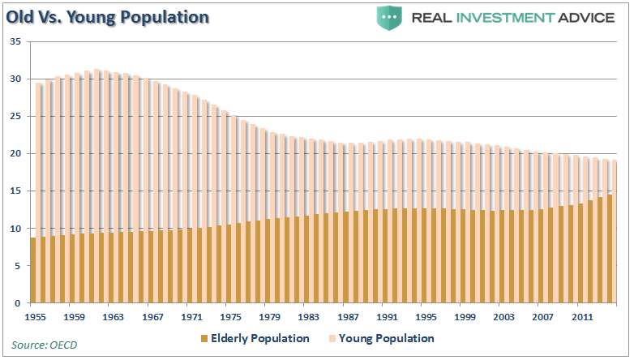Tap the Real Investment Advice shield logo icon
click(x=390, y=17)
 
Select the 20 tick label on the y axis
click(x=15, y=153)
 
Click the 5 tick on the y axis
click(x=19, y=266)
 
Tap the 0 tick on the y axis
click(x=19, y=303)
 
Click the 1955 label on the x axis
click(x=36, y=316)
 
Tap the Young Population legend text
click(x=386, y=338)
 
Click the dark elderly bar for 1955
click(x=33, y=270)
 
